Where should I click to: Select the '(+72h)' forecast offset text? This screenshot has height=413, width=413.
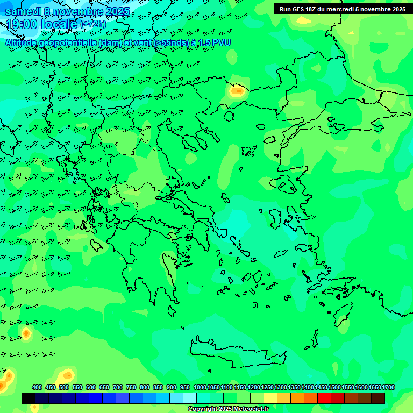pos(93,24)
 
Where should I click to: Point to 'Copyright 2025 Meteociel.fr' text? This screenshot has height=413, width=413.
pos(228,409)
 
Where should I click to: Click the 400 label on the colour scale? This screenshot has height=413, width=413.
pos(37,387)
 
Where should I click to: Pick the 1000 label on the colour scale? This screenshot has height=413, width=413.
pos(200,387)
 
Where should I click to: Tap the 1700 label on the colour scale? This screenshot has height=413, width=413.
pos(389,387)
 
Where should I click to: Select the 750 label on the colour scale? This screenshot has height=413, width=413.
pos(131,387)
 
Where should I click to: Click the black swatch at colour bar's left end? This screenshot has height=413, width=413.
pos(29,398)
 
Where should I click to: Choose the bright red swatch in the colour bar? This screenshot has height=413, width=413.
pos(324,398)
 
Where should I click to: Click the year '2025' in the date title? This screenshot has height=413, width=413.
pos(115,11)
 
